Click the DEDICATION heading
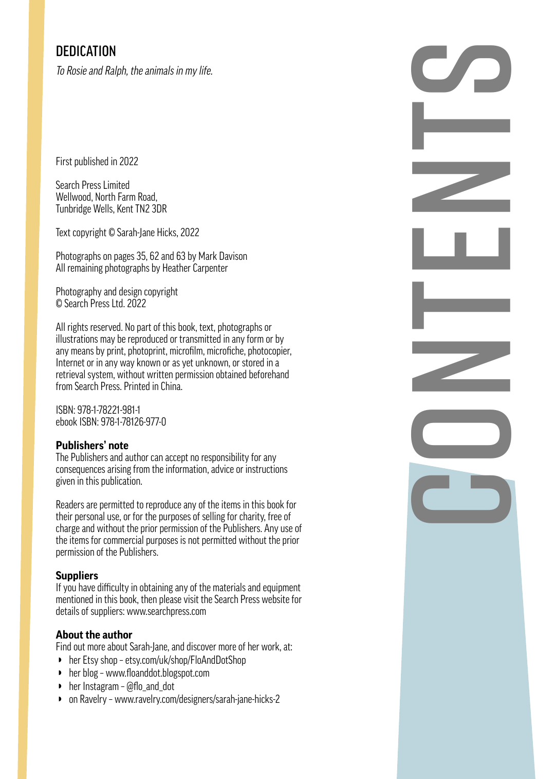86,51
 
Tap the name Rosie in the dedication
77,71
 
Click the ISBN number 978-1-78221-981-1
108,410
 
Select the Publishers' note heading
92,446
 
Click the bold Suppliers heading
77,576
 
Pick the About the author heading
94,635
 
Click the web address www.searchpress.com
166,611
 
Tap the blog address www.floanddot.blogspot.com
158,673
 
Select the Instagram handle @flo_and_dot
150,686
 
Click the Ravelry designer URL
197,699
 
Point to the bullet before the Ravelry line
60,699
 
